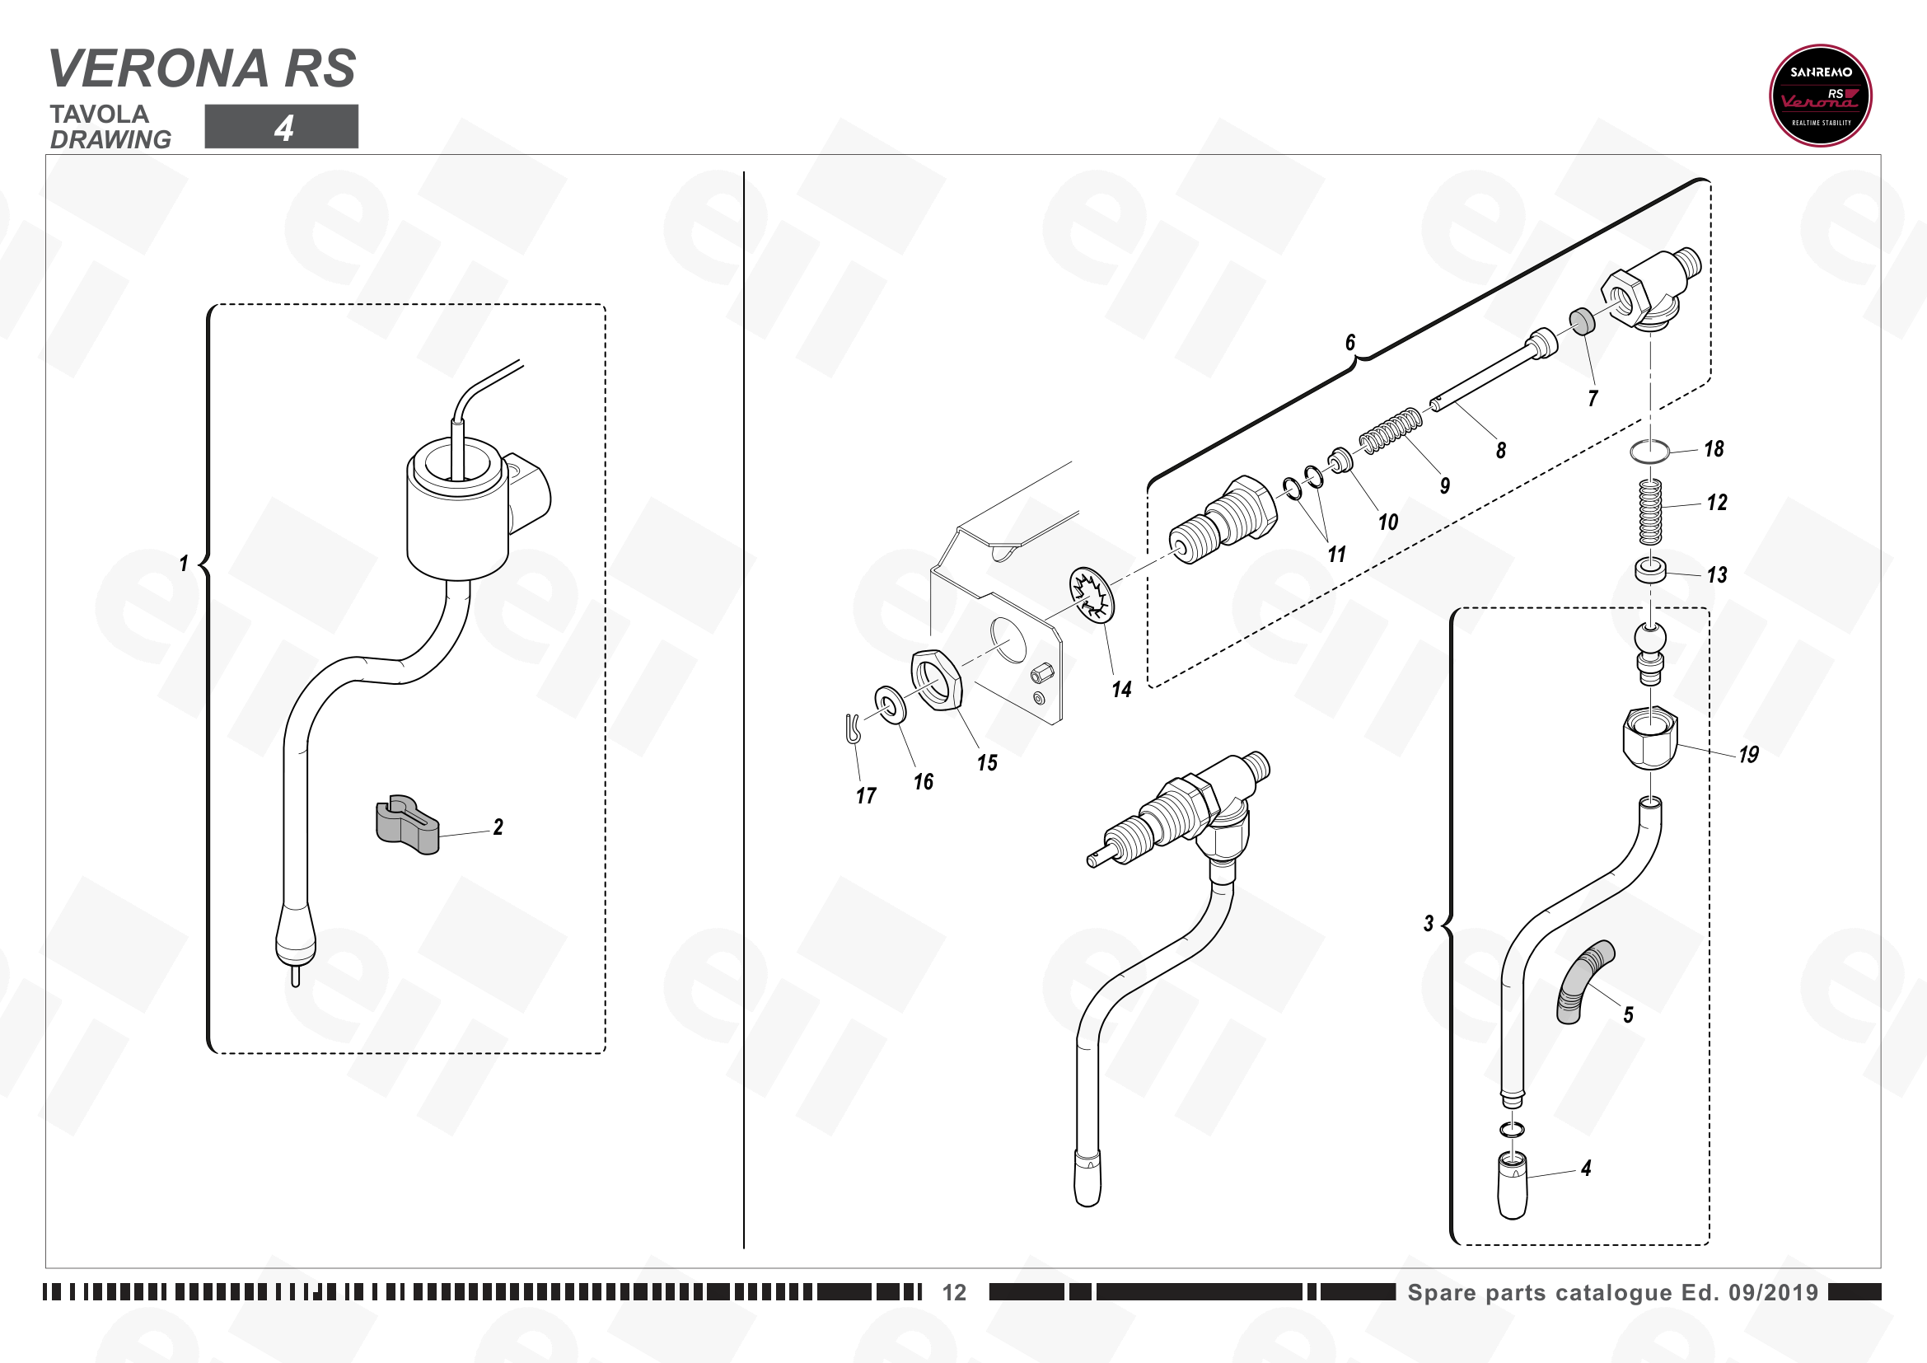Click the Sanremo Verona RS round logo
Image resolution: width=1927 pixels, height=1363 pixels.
click(1821, 96)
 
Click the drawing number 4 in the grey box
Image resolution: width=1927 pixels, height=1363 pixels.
click(283, 128)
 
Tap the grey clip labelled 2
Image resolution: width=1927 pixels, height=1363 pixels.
click(407, 824)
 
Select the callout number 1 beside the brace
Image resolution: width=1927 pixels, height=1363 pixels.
click(184, 563)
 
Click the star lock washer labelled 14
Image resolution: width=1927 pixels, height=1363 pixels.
click(1091, 594)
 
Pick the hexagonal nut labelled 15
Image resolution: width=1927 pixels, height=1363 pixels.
click(937, 679)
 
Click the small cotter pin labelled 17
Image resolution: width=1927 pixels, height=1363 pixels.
click(853, 728)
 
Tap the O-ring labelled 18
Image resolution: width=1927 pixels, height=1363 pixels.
click(1650, 452)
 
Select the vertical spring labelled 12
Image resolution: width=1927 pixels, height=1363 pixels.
click(1650, 511)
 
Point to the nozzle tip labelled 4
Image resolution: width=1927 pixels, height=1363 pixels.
click(1513, 1186)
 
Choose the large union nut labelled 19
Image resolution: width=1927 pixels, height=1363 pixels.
click(1649, 737)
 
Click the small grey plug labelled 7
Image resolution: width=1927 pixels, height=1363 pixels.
click(1582, 321)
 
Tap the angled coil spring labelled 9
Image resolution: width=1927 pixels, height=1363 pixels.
click(1391, 430)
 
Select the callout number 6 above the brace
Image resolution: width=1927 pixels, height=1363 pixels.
click(1350, 342)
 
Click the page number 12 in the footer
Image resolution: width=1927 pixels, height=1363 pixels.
click(954, 1292)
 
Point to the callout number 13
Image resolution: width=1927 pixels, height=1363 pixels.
click(1717, 575)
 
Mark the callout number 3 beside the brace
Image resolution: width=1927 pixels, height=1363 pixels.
click(1429, 924)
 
